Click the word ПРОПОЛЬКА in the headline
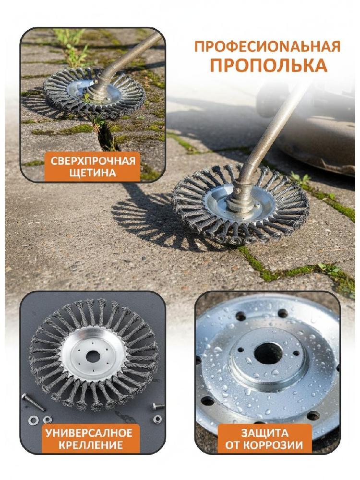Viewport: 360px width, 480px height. click(267, 65)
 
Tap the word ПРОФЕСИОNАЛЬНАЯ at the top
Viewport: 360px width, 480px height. click(267, 46)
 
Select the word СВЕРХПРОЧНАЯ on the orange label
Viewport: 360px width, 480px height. click(93, 161)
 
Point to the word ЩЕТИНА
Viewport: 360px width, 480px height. click(93, 173)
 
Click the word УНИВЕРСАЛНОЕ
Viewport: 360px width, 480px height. click(89, 433)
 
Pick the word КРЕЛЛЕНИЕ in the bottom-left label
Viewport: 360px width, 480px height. click(91, 444)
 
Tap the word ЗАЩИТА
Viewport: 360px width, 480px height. click(264, 433)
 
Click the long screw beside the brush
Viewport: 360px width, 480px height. click(33, 402)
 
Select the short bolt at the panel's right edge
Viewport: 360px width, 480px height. click(158, 407)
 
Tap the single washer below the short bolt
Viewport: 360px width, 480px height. click(157, 419)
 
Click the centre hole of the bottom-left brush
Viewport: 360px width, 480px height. click(91, 356)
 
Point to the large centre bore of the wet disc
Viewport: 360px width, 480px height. click(268, 354)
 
